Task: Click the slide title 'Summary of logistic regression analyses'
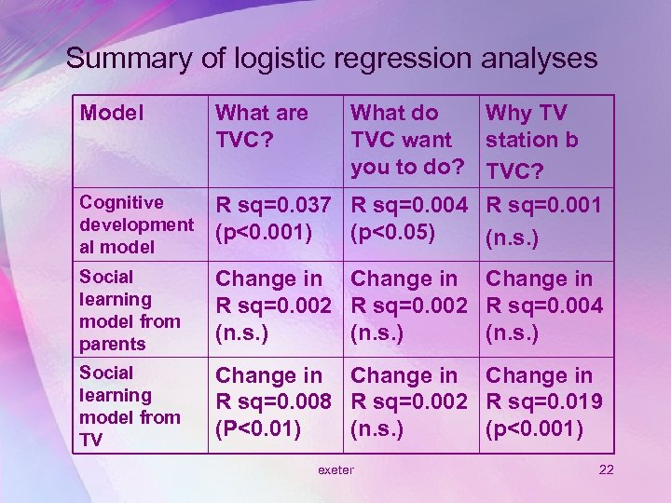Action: pos(331,59)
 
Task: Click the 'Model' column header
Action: pos(112,114)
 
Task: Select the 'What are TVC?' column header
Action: pos(262,127)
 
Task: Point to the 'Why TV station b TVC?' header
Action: pos(532,140)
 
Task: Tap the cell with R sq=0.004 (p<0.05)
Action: pos(409,216)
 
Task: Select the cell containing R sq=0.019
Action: pos(544,404)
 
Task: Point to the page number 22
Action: pos(606,469)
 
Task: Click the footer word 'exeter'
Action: pos(335,469)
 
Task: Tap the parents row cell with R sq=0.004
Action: pos(544,306)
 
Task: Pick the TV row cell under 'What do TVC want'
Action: pos(409,404)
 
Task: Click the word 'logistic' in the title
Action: pos(270,59)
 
